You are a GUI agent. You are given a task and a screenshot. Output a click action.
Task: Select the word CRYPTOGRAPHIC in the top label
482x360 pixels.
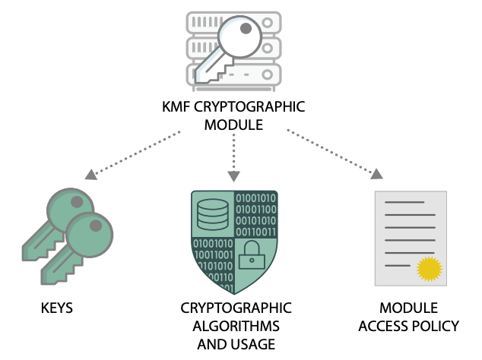[253, 107]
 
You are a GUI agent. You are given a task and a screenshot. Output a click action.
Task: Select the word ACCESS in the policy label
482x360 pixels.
[388, 327]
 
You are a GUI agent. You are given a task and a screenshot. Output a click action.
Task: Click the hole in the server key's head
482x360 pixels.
[246, 28]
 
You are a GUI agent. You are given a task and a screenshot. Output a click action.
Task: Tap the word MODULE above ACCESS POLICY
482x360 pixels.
[408, 309]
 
